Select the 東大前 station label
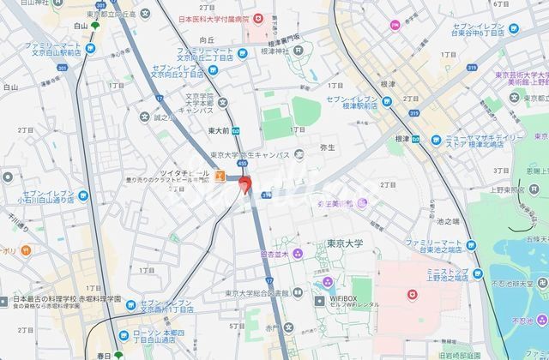[220, 131]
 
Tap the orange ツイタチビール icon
[220, 176]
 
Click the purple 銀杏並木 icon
[297, 253]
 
